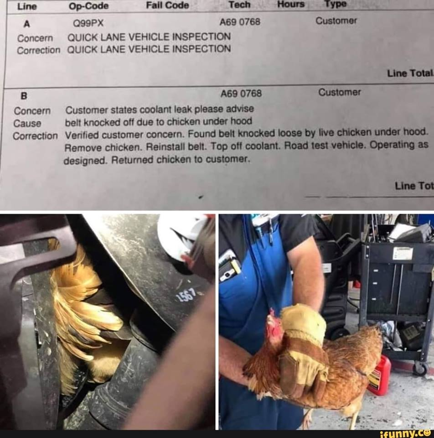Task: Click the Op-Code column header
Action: pos(89,6)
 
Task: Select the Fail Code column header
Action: pos(167,5)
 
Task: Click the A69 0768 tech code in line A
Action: pos(240,21)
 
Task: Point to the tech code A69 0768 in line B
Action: pos(241,93)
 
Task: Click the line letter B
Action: pos(24,96)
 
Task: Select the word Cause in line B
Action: pos(27,123)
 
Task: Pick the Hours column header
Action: pos(291,4)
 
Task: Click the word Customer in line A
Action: pos(336,21)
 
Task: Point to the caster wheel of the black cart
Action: pos(420,368)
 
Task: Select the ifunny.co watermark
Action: pos(406,434)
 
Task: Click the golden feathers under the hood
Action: pos(84,302)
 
